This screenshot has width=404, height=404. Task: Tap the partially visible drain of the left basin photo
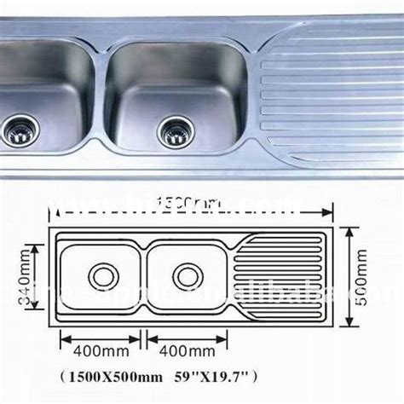(x=16, y=131)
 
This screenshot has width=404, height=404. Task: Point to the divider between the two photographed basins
(x=95, y=85)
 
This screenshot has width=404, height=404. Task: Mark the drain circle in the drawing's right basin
(x=188, y=275)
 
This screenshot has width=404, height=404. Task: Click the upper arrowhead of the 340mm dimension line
(x=36, y=246)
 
